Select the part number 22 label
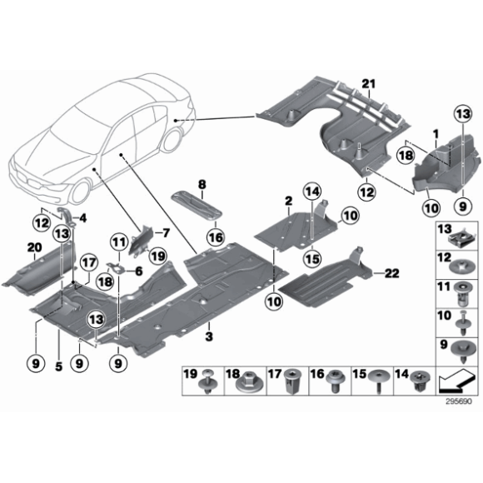(x=392, y=273)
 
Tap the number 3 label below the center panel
(x=209, y=335)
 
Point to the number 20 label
(x=33, y=246)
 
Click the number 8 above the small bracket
(x=200, y=182)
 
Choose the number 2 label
(x=287, y=201)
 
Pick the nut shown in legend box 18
(x=248, y=383)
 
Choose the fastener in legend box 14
(x=417, y=384)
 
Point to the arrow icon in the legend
(x=456, y=383)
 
